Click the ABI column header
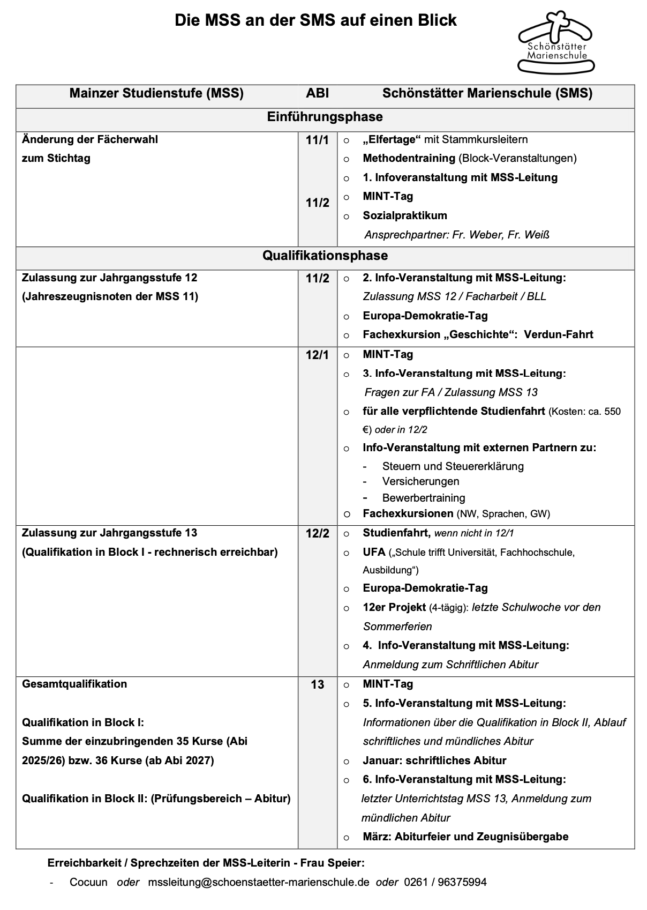click(317, 93)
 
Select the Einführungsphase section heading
click(325, 117)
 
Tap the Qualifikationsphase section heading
click(325, 256)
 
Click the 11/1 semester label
click(317, 140)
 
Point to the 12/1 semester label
click(317, 355)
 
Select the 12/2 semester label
click(317, 534)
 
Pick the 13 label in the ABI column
click(317, 685)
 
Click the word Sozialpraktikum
click(404, 215)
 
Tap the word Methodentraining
click(409, 158)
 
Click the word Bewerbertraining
click(424, 498)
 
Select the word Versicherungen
click(420, 481)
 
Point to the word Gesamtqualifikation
click(74, 684)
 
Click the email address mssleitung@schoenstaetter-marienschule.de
click(259, 882)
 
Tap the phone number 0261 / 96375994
click(445, 882)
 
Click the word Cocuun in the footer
click(88, 882)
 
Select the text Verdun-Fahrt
click(558, 334)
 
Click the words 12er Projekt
click(394, 607)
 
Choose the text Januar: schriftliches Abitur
click(434, 760)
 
